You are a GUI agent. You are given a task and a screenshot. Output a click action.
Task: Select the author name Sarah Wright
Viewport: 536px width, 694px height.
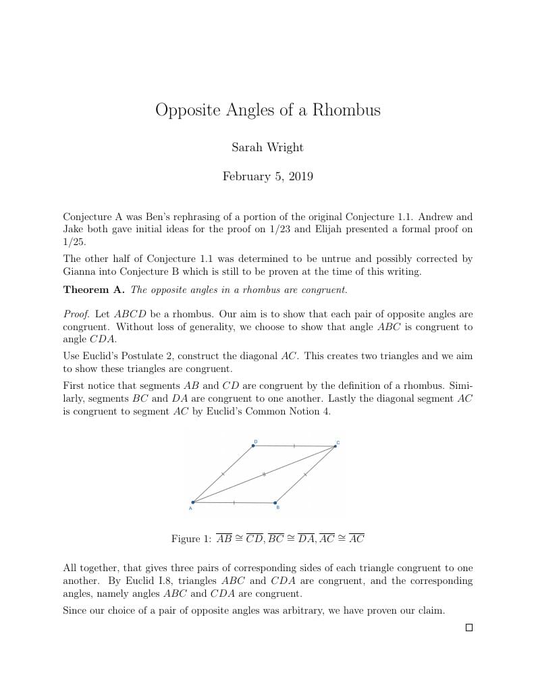267,147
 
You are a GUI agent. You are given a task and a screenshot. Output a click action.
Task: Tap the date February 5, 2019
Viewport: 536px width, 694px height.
267,177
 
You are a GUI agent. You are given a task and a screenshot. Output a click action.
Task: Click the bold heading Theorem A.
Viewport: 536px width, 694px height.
94,290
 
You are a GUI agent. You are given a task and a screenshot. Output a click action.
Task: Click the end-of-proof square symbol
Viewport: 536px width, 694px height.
469,628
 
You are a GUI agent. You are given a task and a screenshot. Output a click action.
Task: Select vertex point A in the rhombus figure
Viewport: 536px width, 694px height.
193,502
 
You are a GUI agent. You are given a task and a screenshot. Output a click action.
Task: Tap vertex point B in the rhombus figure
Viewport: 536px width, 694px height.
275,503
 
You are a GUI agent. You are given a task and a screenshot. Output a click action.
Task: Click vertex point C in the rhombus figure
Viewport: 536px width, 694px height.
335,446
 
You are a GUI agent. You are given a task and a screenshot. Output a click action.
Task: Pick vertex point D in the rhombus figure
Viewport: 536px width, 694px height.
253,446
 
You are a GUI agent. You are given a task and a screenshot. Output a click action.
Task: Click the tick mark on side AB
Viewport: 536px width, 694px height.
234,502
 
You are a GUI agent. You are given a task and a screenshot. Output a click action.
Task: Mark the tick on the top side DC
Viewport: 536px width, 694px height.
294,446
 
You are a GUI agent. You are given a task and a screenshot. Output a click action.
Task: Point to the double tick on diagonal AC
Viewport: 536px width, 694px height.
264,474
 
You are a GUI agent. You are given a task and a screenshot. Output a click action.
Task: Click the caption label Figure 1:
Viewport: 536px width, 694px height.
191,539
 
